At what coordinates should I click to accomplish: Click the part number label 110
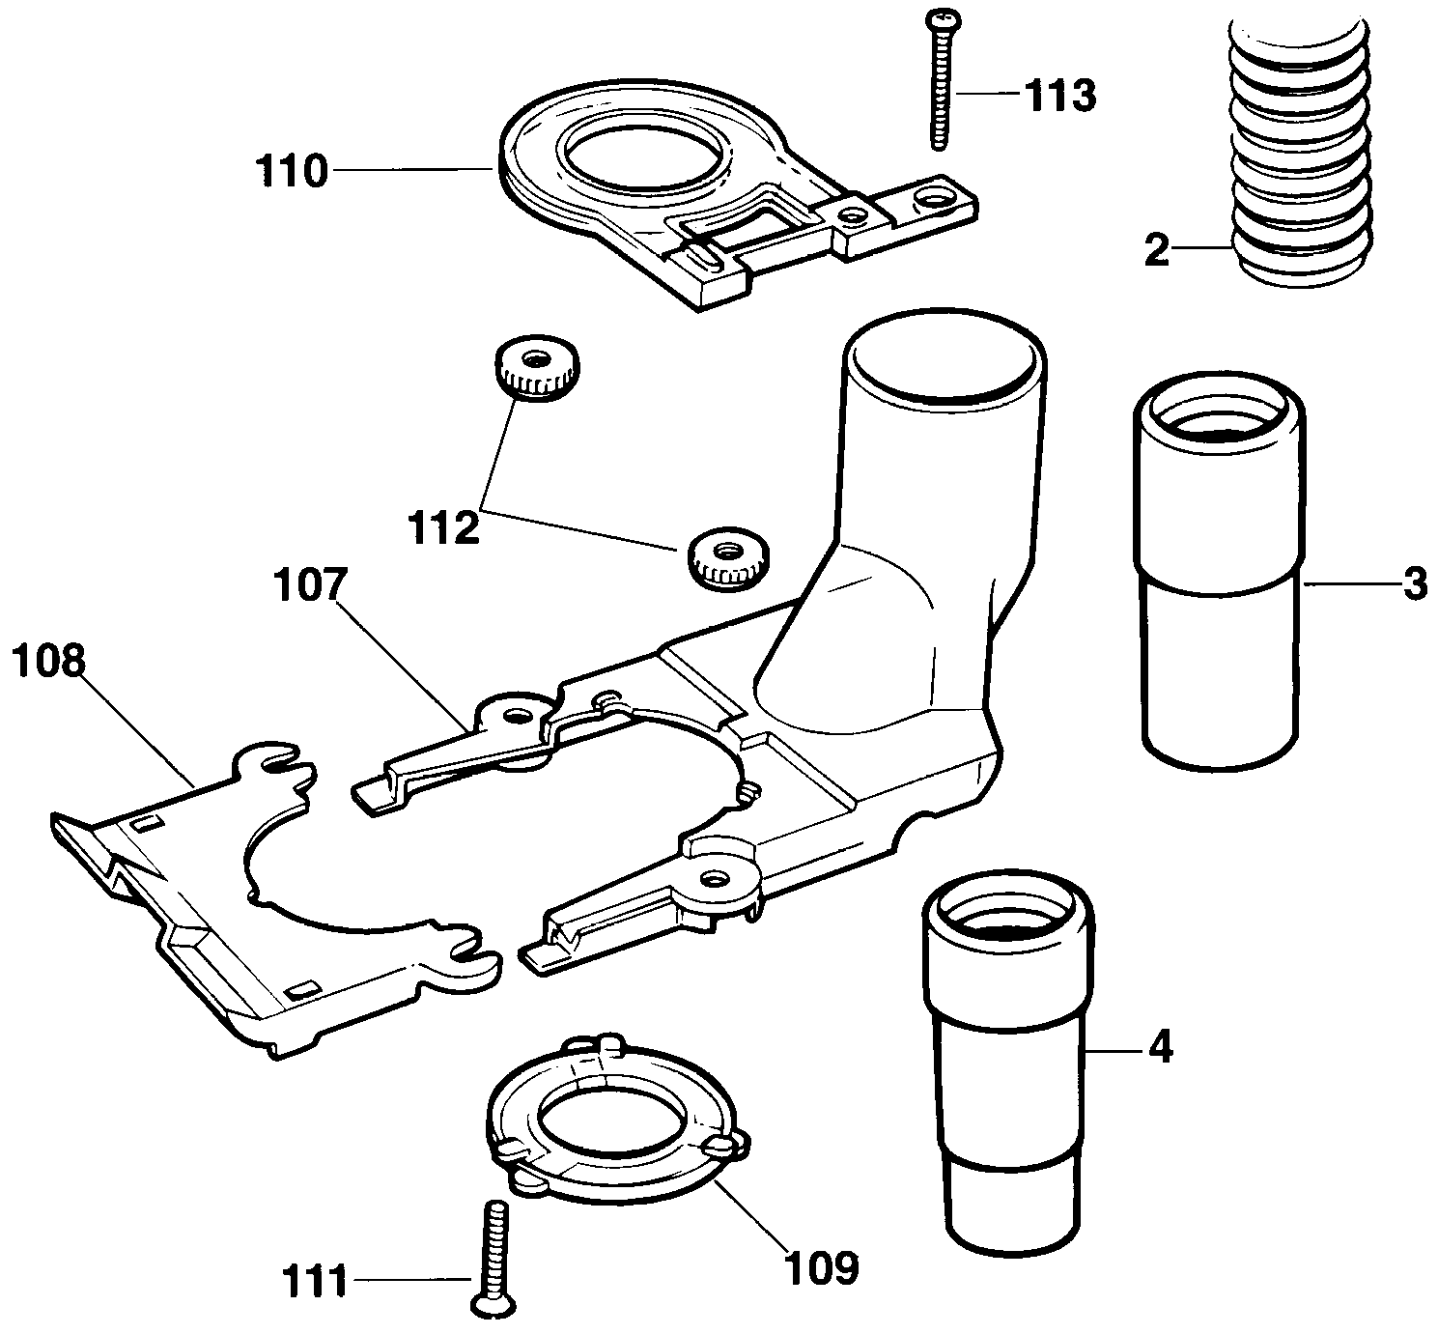point(292,173)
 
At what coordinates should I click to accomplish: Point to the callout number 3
point(1414,583)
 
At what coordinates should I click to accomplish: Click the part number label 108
point(49,662)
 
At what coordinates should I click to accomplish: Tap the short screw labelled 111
point(494,1260)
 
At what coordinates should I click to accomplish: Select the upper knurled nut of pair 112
point(536,367)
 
